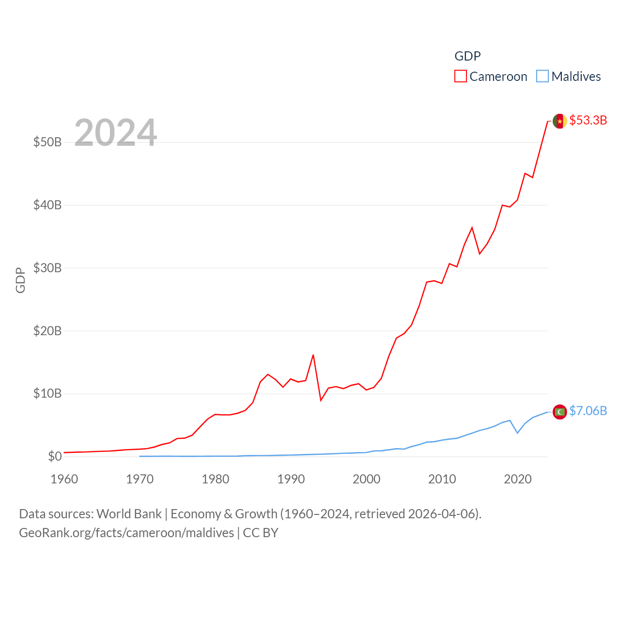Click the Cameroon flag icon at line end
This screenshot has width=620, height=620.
click(x=559, y=121)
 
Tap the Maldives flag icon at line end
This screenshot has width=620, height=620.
click(x=559, y=412)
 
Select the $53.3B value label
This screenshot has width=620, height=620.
click(x=588, y=120)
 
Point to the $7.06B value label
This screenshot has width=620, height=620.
click(x=588, y=411)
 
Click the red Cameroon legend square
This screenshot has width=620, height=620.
click(x=460, y=77)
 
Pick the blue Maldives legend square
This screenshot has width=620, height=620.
click(x=542, y=77)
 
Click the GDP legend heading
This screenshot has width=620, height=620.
click(x=467, y=56)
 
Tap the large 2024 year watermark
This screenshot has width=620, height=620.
click(x=115, y=133)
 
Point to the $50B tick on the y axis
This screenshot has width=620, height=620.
click(x=47, y=142)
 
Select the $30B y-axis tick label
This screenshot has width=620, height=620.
click(x=47, y=268)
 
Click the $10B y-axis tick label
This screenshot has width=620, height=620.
click(x=47, y=393)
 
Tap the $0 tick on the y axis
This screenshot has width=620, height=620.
click(x=55, y=456)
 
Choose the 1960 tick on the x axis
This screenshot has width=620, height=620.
click(x=64, y=479)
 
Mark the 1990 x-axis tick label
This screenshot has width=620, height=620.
click(x=291, y=479)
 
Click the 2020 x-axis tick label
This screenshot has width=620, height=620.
click(x=518, y=479)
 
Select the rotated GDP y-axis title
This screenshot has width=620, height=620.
click(x=20, y=280)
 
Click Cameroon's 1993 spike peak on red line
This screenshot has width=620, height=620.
click(x=313, y=355)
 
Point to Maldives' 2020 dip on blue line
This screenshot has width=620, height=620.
click(x=517, y=433)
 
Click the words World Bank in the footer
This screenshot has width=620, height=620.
click(x=129, y=514)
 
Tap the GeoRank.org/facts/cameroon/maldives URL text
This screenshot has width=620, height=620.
click(x=126, y=533)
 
